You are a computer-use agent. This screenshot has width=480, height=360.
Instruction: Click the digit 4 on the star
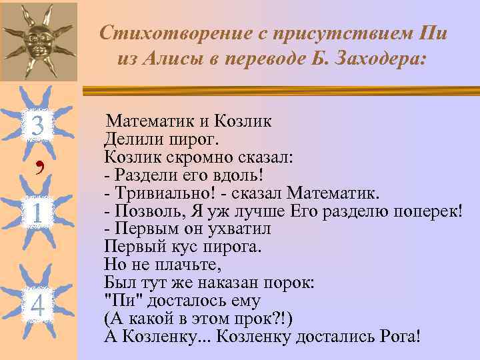pos(38,306)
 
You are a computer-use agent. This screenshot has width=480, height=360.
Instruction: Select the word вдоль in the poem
pos(240,176)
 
